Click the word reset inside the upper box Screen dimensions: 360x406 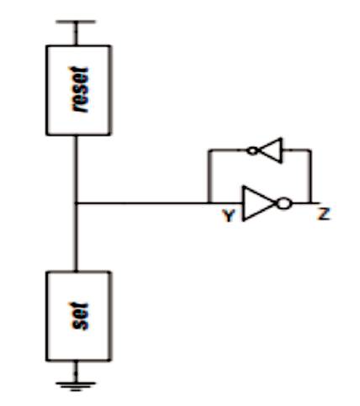pyautogui.click(x=79, y=90)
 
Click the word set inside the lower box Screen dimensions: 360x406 pyautogui.click(x=80, y=316)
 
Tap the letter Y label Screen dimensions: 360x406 pyautogui.click(x=229, y=216)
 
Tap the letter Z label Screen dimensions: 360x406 pyautogui.click(x=324, y=214)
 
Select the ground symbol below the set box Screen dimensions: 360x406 pyautogui.click(x=76, y=387)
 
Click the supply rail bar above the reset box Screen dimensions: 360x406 pyautogui.click(x=76, y=22)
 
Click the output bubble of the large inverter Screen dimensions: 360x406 pyautogui.click(x=284, y=203)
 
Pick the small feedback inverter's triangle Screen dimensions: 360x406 pyautogui.click(x=271, y=150)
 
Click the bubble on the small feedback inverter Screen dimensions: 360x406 pyautogui.click(x=253, y=151)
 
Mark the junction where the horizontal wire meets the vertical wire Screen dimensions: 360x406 pyautogui.click(x=76, y=203)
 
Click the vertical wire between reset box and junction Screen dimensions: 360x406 pyautogui.click(x=76, y=169)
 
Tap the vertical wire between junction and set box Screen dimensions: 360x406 pyautogui.click(x=76, y=237)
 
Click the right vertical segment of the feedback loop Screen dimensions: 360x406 pyautogui.click(x=310, y=177)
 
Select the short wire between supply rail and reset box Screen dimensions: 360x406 pyautogui.click(x=76, y=34)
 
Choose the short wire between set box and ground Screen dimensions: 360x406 pyautogui.click(x=76, y=372)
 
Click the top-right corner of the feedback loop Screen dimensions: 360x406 pyautogui.click(x=310, y=150)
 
